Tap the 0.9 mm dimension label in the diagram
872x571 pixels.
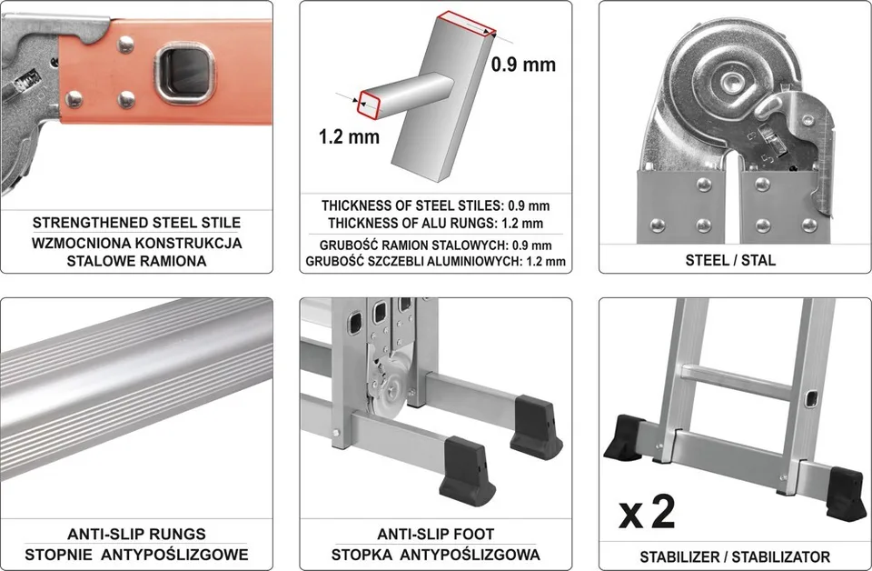click(x=523, y=65)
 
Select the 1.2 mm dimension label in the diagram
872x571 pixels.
click(x=349, y=137)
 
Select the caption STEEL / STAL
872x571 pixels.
click(x=730, y=260)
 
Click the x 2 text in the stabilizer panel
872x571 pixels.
click(x=648, y=512)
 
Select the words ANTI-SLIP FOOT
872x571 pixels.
click(x=435, y=535)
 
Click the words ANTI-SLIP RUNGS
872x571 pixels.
click(x=136, y=535)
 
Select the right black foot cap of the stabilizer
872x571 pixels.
click(x=846, y=494)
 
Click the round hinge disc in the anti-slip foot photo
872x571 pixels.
click(x=392, y=389)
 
